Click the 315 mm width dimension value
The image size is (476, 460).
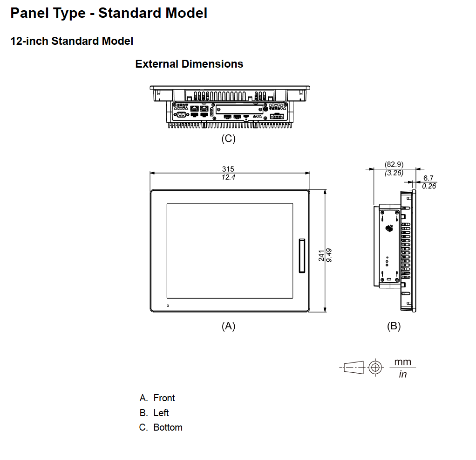pyautogui.click(x=228, y=169)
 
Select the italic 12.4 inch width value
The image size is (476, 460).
pyautogui.click(x=228, y=177)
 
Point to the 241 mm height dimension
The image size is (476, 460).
pyautogui.click(x=321, y=256)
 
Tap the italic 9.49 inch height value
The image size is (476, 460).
pyautogui.click(x=329, y=255)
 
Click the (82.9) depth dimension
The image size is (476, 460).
pyautogui.click(x=394, y=165)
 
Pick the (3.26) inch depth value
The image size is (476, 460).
pyautogui.click(x=394, y=173)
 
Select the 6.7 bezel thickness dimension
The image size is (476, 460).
pyautogui.click(x=428, y=178)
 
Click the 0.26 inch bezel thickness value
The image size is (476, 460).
pyautogui.click(x=429, y=186)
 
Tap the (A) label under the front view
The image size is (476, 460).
pyautogui.click(x=228, y=326)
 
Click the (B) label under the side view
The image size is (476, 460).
pyautogui.click(x=394, y=326)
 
